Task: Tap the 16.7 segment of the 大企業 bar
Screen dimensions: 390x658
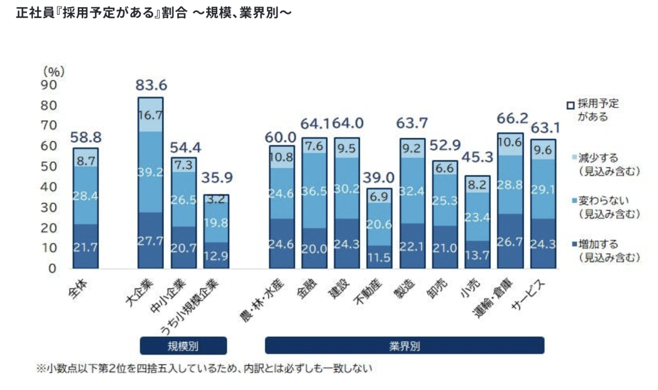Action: pos(150,115)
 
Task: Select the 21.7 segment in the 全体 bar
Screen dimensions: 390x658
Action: pos(86,247)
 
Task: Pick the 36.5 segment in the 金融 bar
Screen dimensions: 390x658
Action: pos(314,190)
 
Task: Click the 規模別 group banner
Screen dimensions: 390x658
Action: pos(183,346)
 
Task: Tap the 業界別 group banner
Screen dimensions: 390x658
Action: pos(405,346)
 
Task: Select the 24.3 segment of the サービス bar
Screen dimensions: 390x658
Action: pos(543,243)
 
